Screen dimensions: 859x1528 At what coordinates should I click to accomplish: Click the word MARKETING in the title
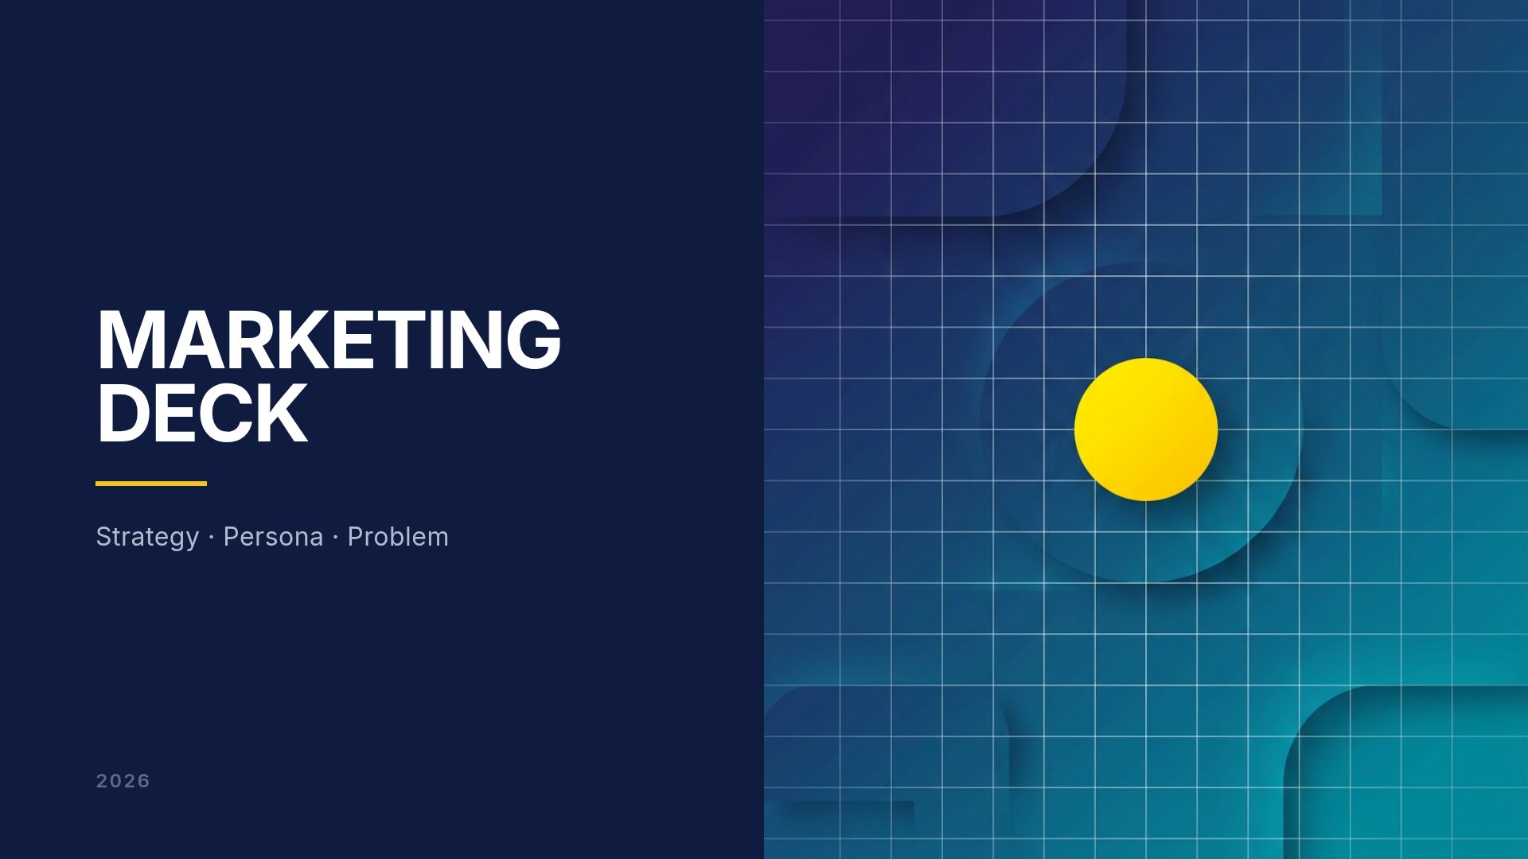coord(329,340)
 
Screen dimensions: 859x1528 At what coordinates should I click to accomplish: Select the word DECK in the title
coord(201,413)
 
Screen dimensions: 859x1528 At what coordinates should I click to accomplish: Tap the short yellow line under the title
coord(151,483)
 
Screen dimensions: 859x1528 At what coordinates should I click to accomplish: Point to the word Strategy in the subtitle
coord(147,537)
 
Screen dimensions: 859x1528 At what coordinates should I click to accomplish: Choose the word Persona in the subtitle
coord(273,537)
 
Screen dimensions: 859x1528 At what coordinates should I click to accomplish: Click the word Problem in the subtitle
coord(398,537)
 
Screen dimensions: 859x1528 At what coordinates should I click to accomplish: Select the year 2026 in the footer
coord(123,781)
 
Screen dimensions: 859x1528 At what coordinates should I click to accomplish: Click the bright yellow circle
coord(1146,429)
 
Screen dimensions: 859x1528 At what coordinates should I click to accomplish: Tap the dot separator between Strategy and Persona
coord(211,538)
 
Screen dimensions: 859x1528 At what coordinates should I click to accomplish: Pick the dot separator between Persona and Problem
coord(336,538)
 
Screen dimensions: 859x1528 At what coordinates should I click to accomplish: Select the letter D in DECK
coord(123,413)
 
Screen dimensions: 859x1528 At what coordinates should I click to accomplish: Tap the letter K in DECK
coord(281,413)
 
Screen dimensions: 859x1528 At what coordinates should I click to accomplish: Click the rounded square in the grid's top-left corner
coord(939,103)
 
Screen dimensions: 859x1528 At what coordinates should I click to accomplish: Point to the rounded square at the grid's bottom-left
coord(875,764)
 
